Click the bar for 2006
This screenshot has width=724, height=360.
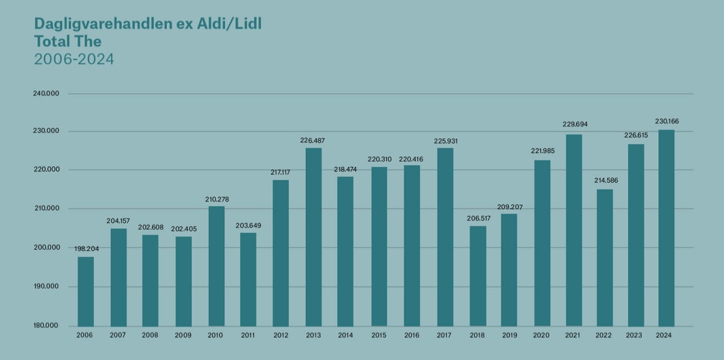(x=85, y=292)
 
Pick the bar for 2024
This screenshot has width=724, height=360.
(x=666, y=228)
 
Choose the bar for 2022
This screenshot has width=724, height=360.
(x=605, y=258)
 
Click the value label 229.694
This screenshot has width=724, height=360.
(x=574, y=124)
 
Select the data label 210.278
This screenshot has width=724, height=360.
(x=216, y=199)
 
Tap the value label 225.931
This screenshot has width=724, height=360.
(x=445, y=140)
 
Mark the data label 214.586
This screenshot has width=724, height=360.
(x=605, y=181)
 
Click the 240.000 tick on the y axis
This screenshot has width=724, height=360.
(x=46, y=93)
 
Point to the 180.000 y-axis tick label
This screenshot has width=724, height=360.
(x=46, y=326)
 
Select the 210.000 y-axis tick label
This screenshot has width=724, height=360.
(x=46, y=209)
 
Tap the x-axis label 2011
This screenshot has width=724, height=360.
(x=249, y=335)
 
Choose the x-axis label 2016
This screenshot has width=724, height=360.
(x=412, y=335)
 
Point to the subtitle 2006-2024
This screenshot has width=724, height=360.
(x=74, y=59)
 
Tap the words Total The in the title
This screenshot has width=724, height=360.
(x=68, y=42)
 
